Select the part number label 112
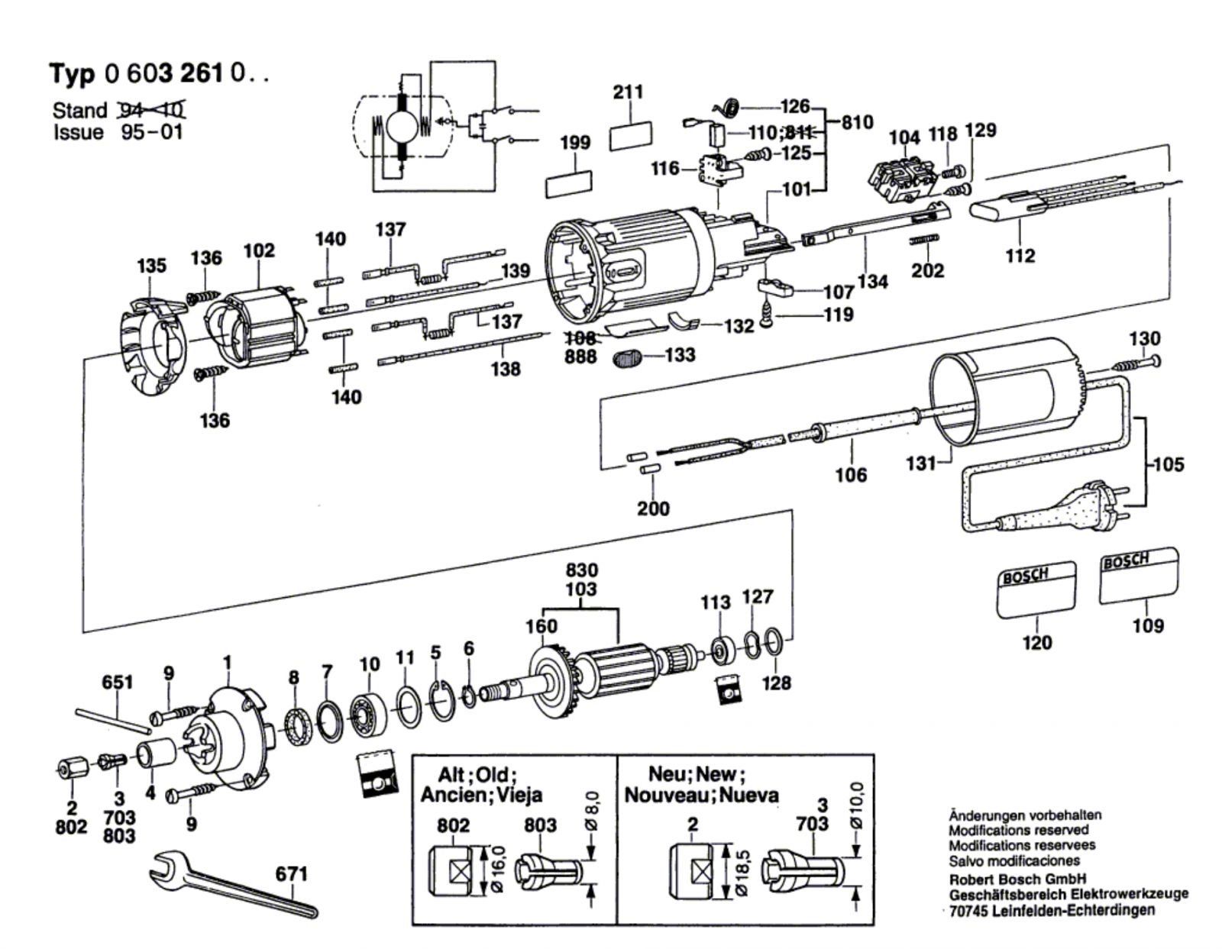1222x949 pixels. tap(1020, 256)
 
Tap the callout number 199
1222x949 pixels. tap(574, 143)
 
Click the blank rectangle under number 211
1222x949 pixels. tap(631, 135)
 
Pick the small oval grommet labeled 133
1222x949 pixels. tap(629, 357)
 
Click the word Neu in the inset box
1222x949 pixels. tap(665, 773)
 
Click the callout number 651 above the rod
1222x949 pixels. tap(117, 682)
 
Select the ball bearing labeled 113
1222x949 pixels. tap(720, 650)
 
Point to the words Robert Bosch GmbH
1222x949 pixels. tap(1017, 879)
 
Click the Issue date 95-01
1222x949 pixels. tap(153, 132)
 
